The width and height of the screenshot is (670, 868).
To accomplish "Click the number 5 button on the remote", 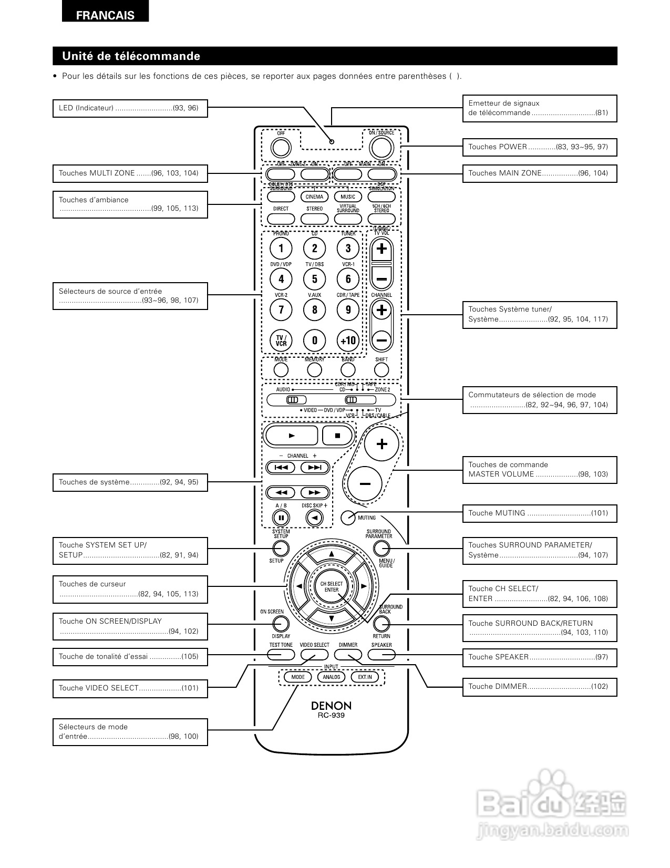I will (x=315, y=279).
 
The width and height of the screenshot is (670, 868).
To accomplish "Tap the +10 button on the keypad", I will (x=348, y=340).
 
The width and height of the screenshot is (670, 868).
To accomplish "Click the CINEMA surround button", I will (x=314, y=197).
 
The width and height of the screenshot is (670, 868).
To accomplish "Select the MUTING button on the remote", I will (x=348, y=518).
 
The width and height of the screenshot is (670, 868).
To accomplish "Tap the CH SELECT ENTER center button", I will (x=332, y=587).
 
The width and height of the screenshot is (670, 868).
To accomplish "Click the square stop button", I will (x=338, y=435).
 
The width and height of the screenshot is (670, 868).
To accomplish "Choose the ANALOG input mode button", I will (x=331, y=677).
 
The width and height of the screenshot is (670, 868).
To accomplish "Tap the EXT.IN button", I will (x=365, y=677).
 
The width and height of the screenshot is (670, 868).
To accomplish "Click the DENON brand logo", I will (x=331, y=706).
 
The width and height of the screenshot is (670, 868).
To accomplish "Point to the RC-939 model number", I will (x=331, y=716).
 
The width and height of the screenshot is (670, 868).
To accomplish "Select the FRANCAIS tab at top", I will (x=105, y=15).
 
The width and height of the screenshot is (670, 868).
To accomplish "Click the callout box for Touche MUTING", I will (x=539, y=513).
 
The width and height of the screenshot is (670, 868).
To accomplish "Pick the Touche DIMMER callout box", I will (x=539, y=687).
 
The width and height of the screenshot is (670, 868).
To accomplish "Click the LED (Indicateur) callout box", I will (x=130, y=108).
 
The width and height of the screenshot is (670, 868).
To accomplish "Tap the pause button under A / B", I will (x=281, y=518).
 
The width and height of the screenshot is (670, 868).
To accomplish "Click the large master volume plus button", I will (x=382, y=445).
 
